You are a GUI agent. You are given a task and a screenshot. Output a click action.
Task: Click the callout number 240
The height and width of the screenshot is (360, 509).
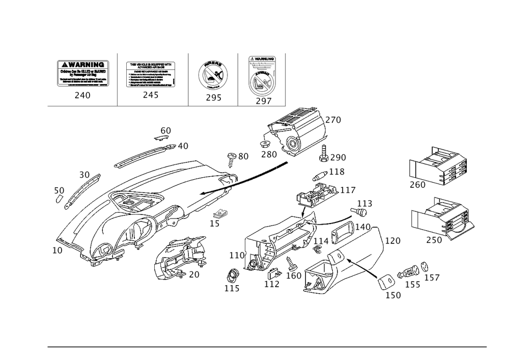[x=82, y=95]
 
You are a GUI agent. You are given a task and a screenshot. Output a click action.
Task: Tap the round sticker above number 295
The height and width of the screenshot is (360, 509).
[x=213, y=75]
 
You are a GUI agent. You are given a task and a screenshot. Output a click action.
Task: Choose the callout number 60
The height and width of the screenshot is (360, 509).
[x=165, y=130]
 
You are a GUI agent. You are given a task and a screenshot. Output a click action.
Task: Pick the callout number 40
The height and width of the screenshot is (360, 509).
[x=182, y=146]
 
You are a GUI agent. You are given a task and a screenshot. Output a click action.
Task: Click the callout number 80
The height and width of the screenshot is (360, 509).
[x=242, y=156]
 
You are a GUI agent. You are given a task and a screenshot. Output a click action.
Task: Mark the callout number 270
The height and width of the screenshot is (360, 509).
[x=333, y=121]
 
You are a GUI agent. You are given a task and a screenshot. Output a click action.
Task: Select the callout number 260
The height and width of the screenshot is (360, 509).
[x=417, y=185]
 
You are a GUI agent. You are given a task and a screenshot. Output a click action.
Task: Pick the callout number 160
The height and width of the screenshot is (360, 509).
[x=296, y=275]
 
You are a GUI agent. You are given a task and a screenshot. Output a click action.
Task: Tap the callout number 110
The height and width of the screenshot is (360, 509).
[x=238, y=254]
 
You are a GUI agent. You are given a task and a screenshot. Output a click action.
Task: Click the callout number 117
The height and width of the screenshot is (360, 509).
[x=348, y=190]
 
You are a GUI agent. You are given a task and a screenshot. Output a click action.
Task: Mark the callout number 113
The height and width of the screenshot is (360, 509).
[x=364, y=204]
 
